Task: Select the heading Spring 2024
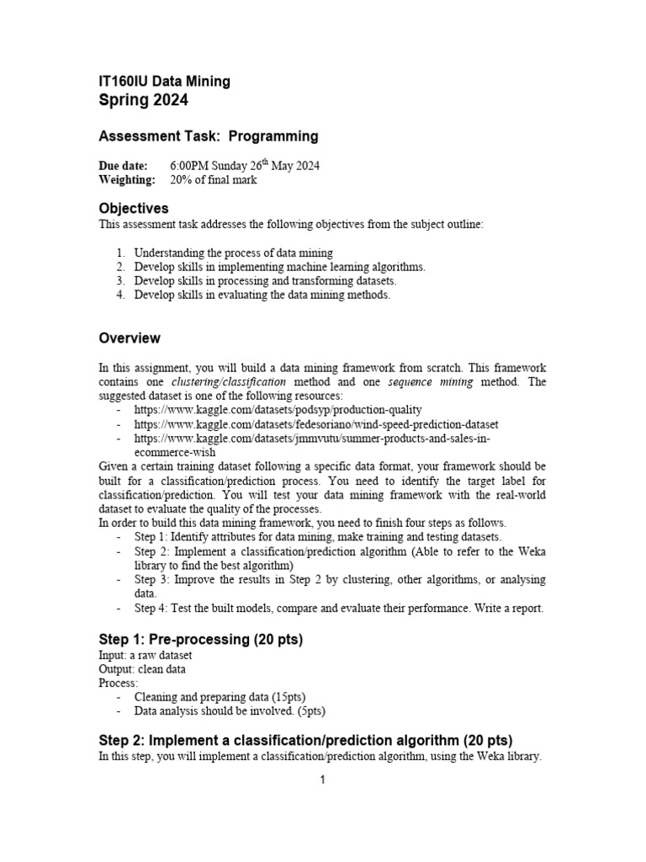[x=144, y=101]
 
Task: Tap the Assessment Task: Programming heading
[x=209, y=136]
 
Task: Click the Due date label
[x=123, y=166]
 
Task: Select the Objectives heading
[x=134, y=208]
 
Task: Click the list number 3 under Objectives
[x=120, y=280]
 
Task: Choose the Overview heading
[x=130, y=338]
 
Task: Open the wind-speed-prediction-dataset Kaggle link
[x=315, y=424]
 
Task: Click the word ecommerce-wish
[x=174, y=451]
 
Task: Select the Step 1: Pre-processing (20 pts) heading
[x=201, y=640]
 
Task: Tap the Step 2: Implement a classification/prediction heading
[x=305, y=741]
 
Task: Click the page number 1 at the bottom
[x=322, y=780]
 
